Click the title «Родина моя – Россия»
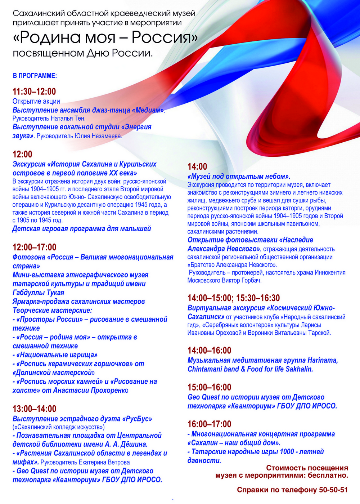[105, 37]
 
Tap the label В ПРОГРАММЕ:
[35, 76]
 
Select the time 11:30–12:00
[34, 92]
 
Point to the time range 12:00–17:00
[34, 247]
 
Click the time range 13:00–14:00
[34, 409]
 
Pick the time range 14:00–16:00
[209, 350]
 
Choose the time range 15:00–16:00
[209, 387]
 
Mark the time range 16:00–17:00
[209, 424]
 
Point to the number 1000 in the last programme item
[287, 452]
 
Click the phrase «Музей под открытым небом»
[239, 177]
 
